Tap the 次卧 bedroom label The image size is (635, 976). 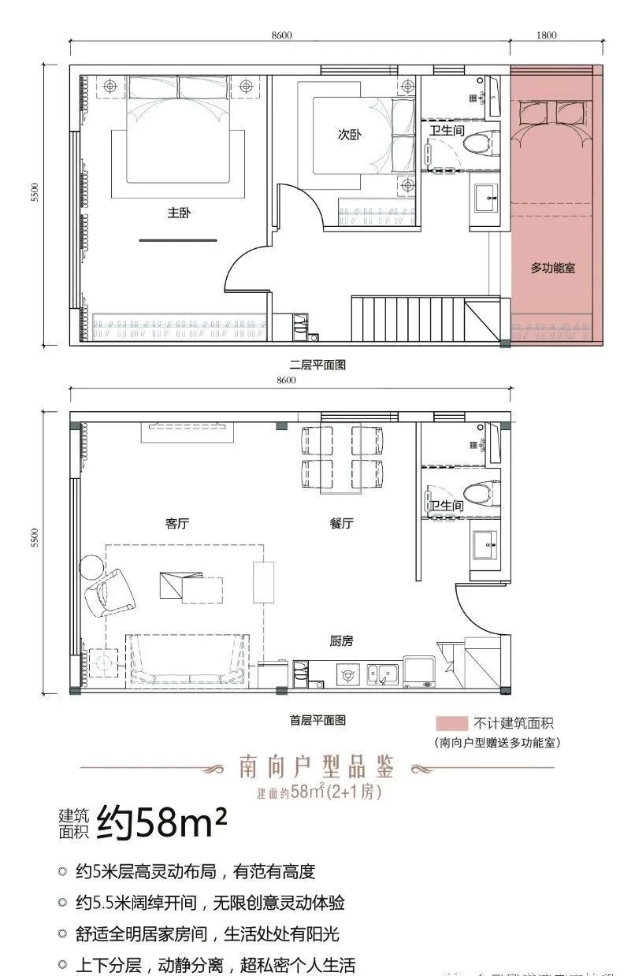click(x=349, y=135)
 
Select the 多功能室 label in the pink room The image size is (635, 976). click(x=552, y=268)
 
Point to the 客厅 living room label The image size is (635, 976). click(x=178, y=522)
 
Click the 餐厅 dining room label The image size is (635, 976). click(x=341, y=522)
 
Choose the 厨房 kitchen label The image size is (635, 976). click(x=341, y=641)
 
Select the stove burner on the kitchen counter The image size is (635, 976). click(x=347, y=674)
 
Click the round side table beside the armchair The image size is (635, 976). click(x=91, y=566)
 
